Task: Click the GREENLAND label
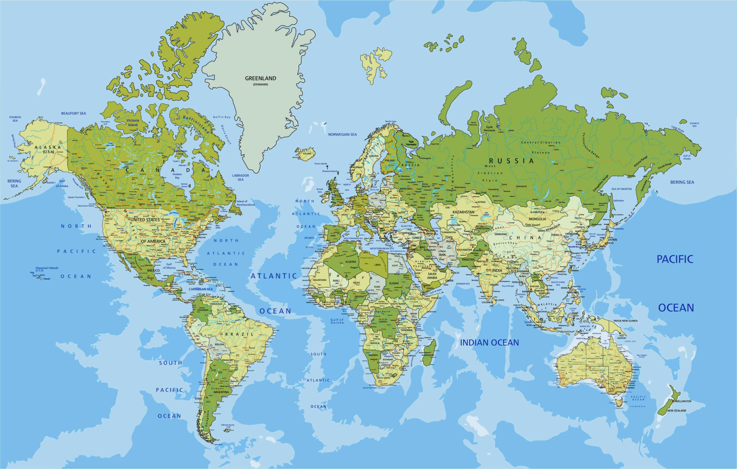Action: coord(261,78)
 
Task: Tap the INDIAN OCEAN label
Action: coord(489,343)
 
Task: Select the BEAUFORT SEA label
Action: coord(73,113)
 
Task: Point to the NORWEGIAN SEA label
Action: coord(343,134)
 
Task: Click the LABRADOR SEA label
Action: coord(241,178)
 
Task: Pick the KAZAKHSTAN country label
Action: coord(464,212)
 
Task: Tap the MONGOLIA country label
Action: coord(537,219)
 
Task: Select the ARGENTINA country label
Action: coord(221,392)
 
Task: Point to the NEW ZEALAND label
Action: coord(677,411)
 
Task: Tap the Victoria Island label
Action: coord(132,122)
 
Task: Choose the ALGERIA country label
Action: coord(351,262)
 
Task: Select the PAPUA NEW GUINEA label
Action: coord(625,320)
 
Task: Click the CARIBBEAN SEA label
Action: coord(201,289)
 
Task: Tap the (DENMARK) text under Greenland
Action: coord(261,84)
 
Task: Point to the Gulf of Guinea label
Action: coord(337,321)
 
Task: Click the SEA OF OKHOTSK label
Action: coord(622,189)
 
